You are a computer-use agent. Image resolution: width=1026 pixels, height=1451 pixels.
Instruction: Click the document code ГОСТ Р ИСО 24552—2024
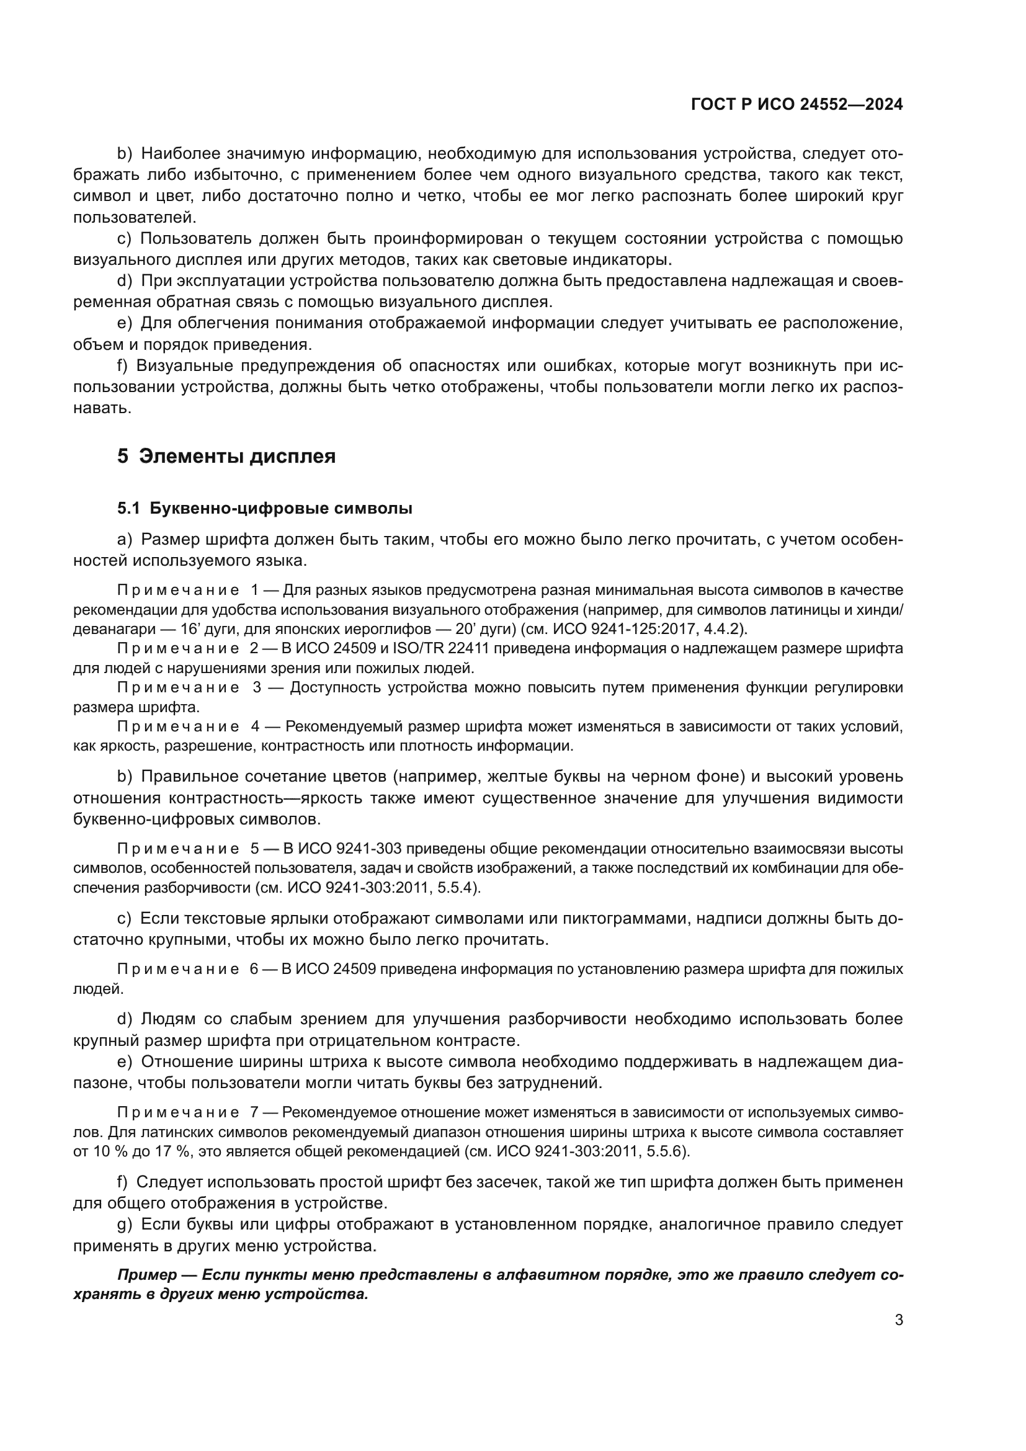[796, 105]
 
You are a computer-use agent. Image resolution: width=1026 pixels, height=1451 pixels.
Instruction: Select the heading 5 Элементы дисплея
[226, 456]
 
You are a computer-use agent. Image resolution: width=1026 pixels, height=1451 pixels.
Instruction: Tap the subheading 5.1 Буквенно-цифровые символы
[265, 508]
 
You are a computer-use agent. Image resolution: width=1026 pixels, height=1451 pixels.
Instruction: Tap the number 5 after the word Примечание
[255, 848]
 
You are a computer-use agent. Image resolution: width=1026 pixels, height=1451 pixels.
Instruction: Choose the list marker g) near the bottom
[125, 1224]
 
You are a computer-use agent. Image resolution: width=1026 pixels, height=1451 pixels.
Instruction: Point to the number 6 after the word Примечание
[254, 969]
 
